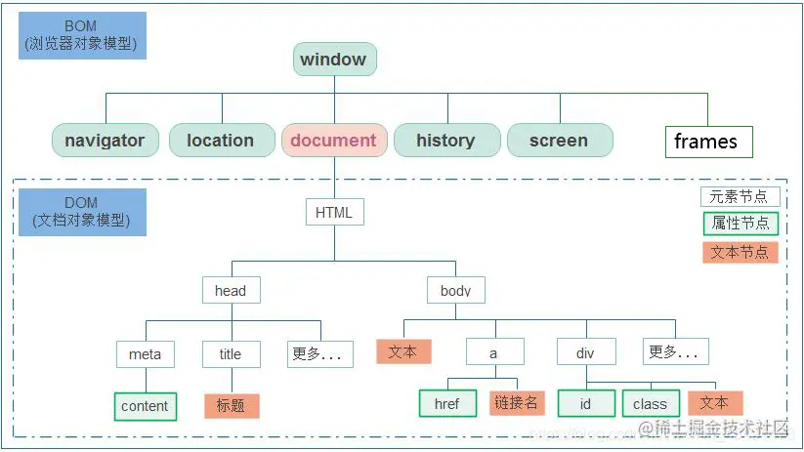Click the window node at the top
pyautogui.click(x=334, y=60)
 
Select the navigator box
pyautogui.click(x=105, y=141)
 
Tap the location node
pyautogui.click(x=220, y=141)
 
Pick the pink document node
pyautogui.click(x=333, y=141)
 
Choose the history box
pyautogui.click(x=445, y=141)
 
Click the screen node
pyautogui.click(x=559, y=141)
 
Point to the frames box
pyautogui.click(x=707, y=142)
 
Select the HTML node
pyautogui.click(x=334, y=212)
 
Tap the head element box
pyautogui.click(x=231, y=290)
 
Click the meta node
pyautogui.click(x=146, y=354)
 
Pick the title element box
pyautogui.click(x=232, y=354)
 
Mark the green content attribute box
pyautogui.click(x=146, y=406)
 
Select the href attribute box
pyautogui.click(x=447, y=403)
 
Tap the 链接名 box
pyautogui.click(x=517, y=403)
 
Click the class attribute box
pyautogui.click(x=650, y=403)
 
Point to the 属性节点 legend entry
pyautogui.click(x=741, y=224)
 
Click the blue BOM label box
pyautogui.click(x=82, y=36)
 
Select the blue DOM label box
pyautogui.click(x=82, y=212)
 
